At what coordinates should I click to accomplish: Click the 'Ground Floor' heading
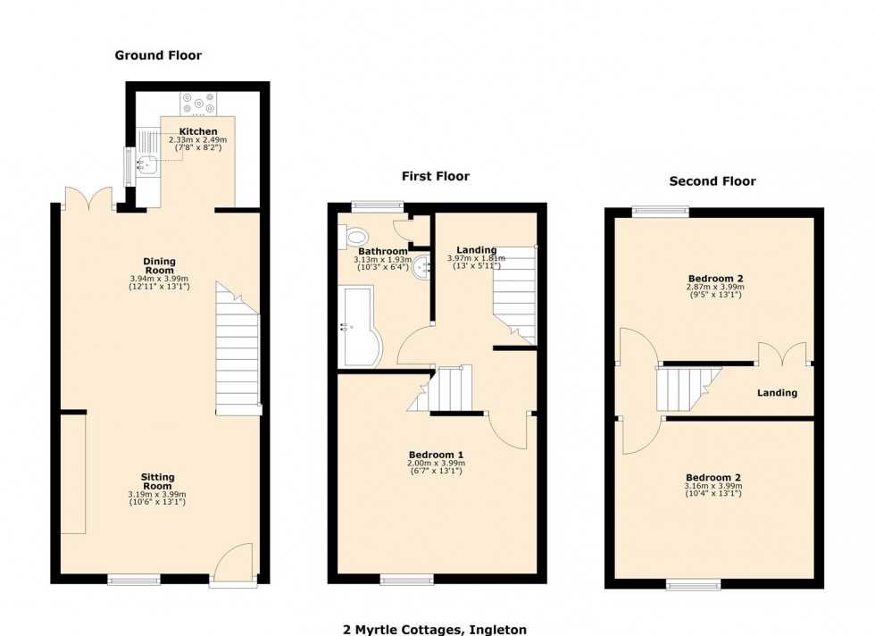coord(158,55)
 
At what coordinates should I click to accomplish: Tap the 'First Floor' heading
coord(435,176)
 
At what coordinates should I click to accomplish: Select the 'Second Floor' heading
coord(712,181)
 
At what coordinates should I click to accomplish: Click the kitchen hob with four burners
coord(198,104)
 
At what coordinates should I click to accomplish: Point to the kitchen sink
coord(146,163)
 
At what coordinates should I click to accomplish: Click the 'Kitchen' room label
coord(198,131)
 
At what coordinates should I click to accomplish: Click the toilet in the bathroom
coord(354,238)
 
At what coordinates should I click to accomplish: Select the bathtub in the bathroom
coord(361,327)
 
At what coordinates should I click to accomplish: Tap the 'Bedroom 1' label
coord(437,455)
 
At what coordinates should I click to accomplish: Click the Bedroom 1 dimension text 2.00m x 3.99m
coord(437,464)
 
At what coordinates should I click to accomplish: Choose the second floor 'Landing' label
coord(777,393)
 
